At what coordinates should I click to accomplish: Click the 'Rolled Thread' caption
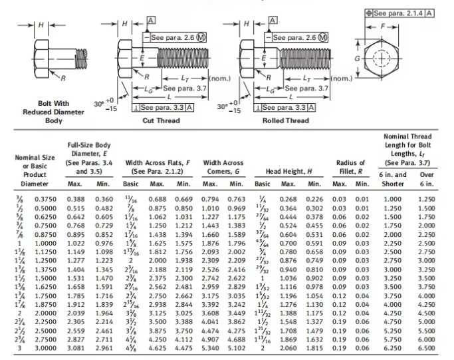coord(286,120)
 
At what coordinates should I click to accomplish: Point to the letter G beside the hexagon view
coord(358,58)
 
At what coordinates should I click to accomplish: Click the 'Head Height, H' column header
coord(288,171)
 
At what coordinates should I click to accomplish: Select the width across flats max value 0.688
coord(157,199)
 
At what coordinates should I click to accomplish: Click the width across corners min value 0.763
coord(237,199)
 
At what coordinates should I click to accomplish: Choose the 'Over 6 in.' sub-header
coord(425,179)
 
